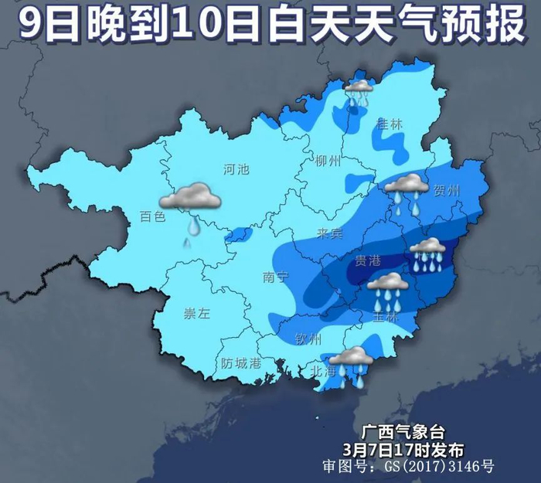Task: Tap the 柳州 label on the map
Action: coord(328,161)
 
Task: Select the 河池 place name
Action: coord(236,169)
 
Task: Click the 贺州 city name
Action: coord(447,190)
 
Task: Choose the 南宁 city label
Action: coord(275,277)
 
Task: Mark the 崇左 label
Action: coord(196,313)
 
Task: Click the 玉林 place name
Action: coord(384,317)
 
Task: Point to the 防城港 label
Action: coord(241,362)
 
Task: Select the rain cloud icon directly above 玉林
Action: coord(388,289)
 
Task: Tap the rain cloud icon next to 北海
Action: coord(352,362)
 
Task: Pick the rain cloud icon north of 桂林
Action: coord(359,93)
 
